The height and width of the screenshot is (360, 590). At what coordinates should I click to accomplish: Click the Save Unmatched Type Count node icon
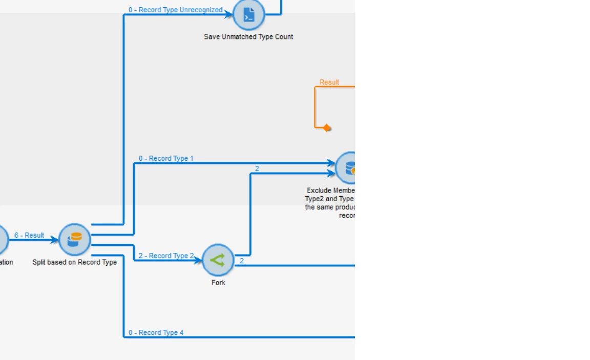pyautogui.click(x=248, y=14)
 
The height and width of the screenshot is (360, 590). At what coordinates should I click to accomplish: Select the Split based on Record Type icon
pyautogui.click(x=74, y=240)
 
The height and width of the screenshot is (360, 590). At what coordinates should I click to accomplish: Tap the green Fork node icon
pyautogui.click(x=218, y=260)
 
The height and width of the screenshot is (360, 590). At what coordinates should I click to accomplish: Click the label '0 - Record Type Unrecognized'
pyautogui.click(x=175, y=10)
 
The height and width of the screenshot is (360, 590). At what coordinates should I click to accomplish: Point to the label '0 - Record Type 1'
pyautogui.click(x=166, y=158)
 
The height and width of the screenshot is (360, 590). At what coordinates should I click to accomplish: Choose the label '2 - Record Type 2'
pyautogui.click(x=166, y=256)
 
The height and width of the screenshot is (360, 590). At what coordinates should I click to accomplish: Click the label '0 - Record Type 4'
pyautogui.click(x=156, y=332)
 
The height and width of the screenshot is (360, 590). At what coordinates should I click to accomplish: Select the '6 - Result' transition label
pyautogui.click(x=29, y=235)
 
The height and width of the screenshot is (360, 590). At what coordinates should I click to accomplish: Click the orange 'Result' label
pyautogui.click(x=329, y=82)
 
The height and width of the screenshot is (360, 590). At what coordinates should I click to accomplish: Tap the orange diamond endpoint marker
pyautogui.click(x=327, y=128)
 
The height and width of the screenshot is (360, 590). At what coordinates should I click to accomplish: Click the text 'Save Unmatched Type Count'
pyautogui.click(x=248, y=37)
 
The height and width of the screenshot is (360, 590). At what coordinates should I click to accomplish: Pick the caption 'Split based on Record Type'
pyautogui.click(x=74, y=262)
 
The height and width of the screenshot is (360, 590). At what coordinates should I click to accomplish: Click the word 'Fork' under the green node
pyautogui.click(x=218, y=283)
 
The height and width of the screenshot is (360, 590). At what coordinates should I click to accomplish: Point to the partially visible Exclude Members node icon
pyautogui.click(x=348, y=167)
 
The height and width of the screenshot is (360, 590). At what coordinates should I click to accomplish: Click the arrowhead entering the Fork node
pyautogui.click(x=198, y=261)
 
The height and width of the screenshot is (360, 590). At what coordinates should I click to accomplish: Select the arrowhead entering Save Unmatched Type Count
pyautogui.click(x=229, y=15)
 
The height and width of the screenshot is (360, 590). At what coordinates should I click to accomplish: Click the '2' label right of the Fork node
pyautogui.click(x=242, y=261)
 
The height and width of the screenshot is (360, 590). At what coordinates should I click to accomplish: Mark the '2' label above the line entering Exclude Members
pyautogui.click(x=257, y=168)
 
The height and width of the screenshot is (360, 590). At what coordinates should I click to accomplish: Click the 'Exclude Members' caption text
pyautogui.click(x=330, y=190)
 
